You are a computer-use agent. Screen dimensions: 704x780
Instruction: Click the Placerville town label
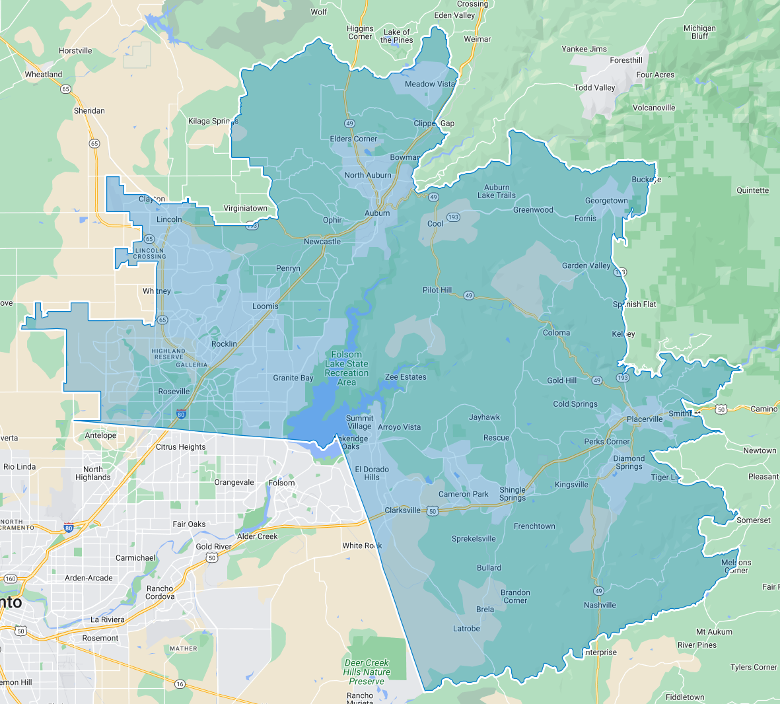pyautogui.click(x=645, y=419)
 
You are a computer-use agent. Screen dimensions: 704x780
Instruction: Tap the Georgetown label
pyautogui.click(x=606, y=201)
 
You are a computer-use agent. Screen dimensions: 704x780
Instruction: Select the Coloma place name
pyautogui.click(x=556, y=333)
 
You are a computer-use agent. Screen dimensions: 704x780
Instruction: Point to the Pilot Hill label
pyautogui.click(x=437, y=290)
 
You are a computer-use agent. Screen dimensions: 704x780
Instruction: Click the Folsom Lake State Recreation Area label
pyautogui.click(x=347, y=369)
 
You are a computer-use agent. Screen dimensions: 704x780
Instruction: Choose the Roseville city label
pyautogui.click(x=174, y=392)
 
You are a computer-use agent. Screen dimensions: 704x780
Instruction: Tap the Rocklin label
pyautogui.click(x=224, y=344)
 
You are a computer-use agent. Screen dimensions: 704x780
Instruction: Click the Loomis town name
pyautogui.click(x=266, y=306)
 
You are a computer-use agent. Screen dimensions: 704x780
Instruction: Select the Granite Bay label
pyautogui.click(x=293, y=378)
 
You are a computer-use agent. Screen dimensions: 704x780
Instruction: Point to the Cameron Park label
pyautogui.click(x=464, y=494)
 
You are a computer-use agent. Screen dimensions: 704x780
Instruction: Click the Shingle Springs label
pyautogui.click(x=513, y=494)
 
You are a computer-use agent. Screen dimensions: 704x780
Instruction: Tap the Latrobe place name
pyautogui.click(x=466, y=629)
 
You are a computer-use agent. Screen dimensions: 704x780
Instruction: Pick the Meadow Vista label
pyautogui.click(x=429, y=85)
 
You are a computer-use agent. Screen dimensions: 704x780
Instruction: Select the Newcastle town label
pyautogui.click(x=322, y=242)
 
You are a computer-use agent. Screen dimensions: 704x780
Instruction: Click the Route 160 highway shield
pyautogui.click(x=11, y=579)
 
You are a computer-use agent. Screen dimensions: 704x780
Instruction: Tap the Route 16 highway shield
pyautogui.click(x=180, y=684)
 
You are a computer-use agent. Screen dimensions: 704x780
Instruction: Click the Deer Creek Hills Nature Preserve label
pyautogui.click(x=367, y=672)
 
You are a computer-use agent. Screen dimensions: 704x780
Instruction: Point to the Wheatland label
pyautogui.click(x=44, y=75)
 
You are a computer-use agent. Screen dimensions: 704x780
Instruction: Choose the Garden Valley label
pyautogui.click(x=586, y=266)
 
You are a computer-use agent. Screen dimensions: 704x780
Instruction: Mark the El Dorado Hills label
pyautogui.click(x=372, y=473)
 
